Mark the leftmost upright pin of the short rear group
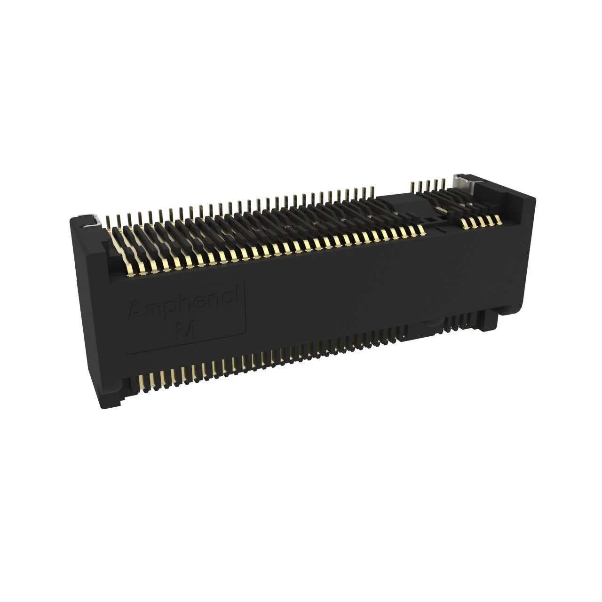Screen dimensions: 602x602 [x=412, y=185]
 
